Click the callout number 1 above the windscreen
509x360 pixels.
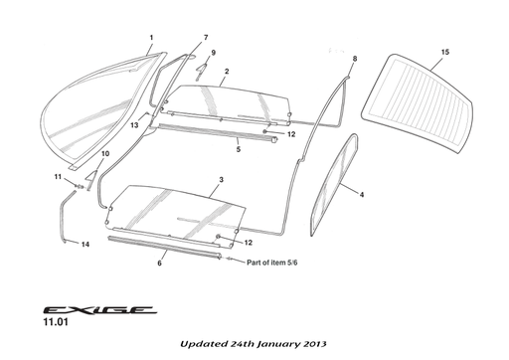151,38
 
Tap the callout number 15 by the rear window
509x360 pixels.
445,52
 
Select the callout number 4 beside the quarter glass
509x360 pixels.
362,195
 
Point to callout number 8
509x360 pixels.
355,59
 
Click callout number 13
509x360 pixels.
134,125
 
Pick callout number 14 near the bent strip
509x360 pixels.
85,245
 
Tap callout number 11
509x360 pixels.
58,177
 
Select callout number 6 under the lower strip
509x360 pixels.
159,264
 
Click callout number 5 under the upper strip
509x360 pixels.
239,149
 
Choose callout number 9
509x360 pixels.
213,53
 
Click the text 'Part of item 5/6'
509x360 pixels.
272,263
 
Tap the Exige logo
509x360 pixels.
99,310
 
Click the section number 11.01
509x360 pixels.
56,322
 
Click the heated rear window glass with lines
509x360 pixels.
418,103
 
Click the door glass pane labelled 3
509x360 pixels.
176,212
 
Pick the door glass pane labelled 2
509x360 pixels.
226,103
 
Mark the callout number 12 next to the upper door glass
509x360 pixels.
291,134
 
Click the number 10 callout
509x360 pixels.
105,154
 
